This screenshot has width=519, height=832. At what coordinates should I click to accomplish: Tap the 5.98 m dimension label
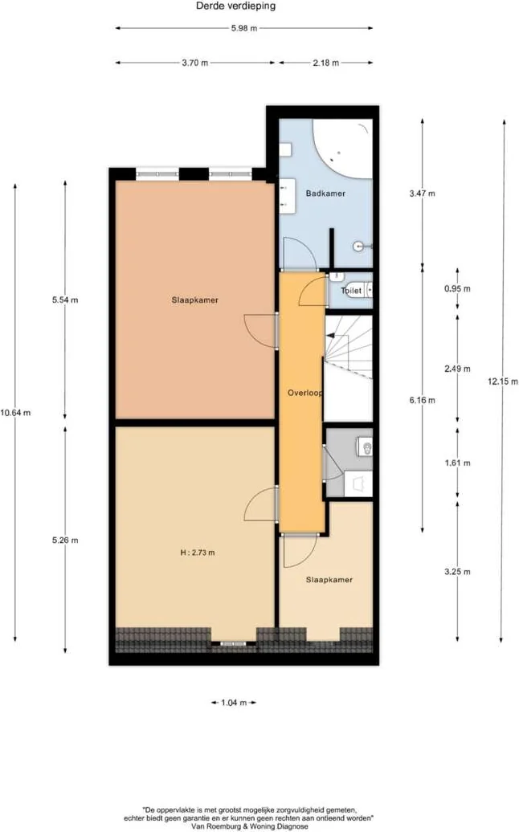243,28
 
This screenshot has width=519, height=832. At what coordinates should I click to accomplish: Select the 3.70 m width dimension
194,62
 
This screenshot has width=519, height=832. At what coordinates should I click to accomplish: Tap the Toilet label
351,291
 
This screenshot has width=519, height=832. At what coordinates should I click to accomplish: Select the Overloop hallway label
304,394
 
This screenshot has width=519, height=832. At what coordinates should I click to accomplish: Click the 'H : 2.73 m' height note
197,553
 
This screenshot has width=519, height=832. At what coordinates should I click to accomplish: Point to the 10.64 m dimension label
15,413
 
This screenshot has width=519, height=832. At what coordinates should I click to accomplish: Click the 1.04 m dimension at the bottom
233,703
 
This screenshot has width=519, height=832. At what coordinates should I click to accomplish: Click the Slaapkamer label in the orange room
195,300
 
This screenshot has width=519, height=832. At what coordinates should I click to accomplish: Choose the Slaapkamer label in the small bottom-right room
329,579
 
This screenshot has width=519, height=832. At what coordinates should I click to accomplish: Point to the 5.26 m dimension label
65,540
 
